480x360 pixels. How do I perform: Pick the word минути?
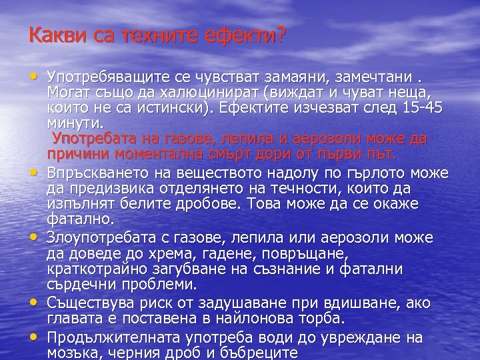(75, 124)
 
